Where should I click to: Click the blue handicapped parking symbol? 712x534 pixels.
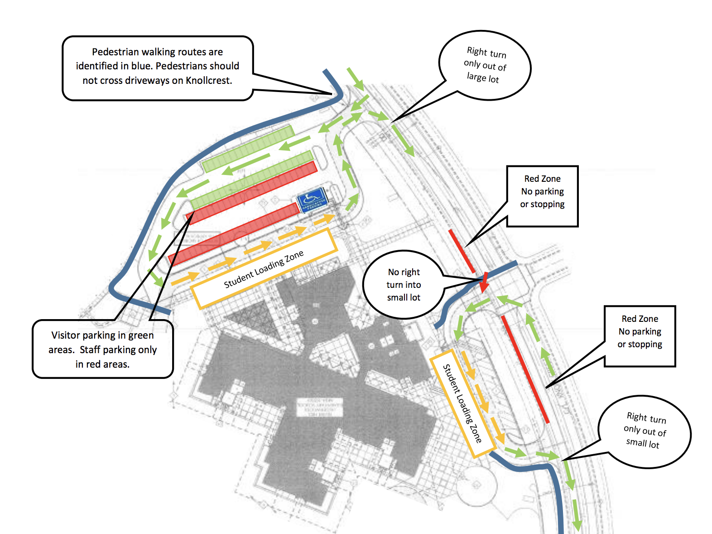[312, 200]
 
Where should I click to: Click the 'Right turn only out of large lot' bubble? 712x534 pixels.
[485, 65]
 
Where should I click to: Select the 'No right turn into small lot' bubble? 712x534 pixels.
[403, 285]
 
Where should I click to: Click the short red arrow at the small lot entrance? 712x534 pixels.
[484, 282]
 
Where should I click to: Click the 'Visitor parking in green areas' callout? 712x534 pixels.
[103, 349]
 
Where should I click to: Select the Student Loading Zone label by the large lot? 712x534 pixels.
[264, 269]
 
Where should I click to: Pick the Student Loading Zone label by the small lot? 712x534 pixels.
[462, 403]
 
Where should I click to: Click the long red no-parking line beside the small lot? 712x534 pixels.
[525, 369]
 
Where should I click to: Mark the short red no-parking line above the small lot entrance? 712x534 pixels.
[462, 251]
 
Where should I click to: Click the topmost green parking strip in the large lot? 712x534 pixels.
[248, 149]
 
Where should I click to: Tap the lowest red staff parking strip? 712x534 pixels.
[234, 234]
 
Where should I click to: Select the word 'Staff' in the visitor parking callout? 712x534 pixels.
[90, 350]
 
